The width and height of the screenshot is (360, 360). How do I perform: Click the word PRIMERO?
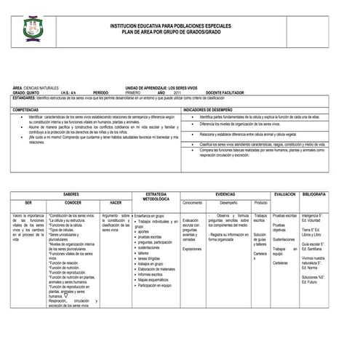coord(136,92)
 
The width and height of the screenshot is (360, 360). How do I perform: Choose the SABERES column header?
coord(71,194)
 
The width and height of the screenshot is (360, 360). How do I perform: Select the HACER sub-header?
coord(115,203)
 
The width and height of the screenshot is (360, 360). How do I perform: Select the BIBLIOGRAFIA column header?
coord(316,194)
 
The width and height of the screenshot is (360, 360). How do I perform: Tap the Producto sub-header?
coord(260,203)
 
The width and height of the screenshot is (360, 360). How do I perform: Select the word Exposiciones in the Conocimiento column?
coord(192,249)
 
